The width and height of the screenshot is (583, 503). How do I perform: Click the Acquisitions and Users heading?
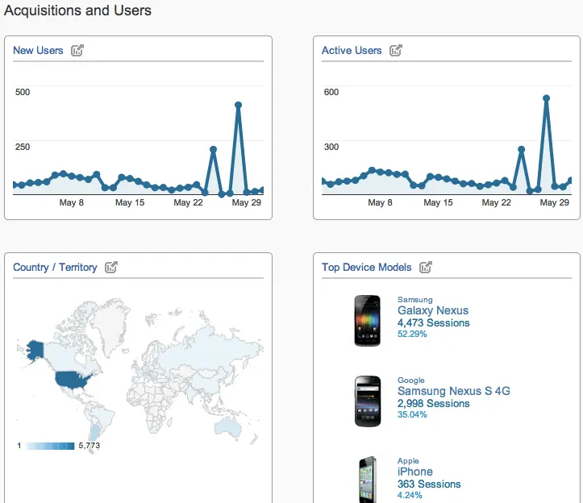(x=77, y=10)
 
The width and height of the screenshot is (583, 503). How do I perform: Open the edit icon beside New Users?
(x=77, y=51)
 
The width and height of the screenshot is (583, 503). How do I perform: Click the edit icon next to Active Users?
(x=396, y=51)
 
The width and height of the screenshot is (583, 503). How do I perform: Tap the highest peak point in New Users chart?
(x=238, y=105)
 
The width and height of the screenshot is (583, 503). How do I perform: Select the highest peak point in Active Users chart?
(x=546, y=98)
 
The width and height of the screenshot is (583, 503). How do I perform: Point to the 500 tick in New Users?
(x=23, y=92)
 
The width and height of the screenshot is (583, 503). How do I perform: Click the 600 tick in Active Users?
(x=331, y=92)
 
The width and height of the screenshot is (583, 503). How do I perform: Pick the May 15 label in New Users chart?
(x=129, y=202)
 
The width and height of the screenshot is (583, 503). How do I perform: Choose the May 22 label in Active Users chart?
(x=497, y=202)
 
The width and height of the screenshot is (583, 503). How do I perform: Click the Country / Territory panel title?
(x=55, y=268)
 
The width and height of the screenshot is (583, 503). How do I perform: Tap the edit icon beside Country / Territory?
(x=111, y=268)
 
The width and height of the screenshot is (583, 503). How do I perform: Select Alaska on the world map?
(x=35, y=349)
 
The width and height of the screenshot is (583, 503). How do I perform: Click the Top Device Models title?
(x=367, y=268)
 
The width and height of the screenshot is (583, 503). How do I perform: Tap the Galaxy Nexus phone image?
(x=368, y=321)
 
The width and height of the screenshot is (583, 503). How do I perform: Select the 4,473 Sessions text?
(x=433, y=323)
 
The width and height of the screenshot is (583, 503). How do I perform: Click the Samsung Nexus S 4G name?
(x=453, y=391)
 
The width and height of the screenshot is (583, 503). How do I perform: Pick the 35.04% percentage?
(x=412, y=414)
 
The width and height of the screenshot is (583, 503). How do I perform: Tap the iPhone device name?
(x=414, y=472)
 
